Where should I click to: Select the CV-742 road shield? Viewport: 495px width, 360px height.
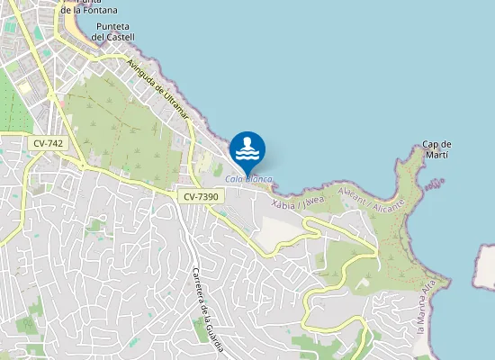46,143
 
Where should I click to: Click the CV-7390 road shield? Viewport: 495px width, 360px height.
200,195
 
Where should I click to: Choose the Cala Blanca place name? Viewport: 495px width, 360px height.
248,180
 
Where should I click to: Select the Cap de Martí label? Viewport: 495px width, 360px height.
436,149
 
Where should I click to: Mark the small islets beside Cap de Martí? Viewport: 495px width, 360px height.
437,184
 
